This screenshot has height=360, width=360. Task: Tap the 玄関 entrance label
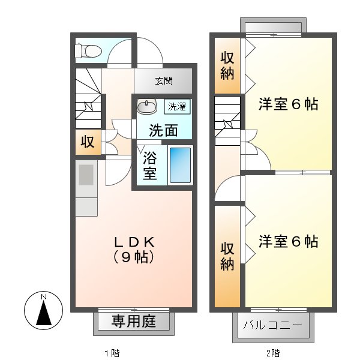[x=163, y=81]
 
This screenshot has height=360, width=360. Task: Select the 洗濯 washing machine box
[x=177, y=107]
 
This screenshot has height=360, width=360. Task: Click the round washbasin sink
[x=146, y=107]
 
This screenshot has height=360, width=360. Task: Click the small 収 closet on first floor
[x=88, y=143]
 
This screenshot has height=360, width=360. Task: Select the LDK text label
[x=135, y=242]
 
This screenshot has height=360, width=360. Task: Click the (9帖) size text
[x=135, y=258]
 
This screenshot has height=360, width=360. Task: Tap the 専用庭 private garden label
[x=134, y=322]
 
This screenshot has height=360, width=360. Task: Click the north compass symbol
[x=43, y=310]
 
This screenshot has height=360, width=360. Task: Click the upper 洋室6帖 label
[x=288, y=104]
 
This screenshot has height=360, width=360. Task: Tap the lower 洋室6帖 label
[x=288, y=242]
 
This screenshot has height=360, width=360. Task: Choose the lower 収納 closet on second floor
[x=227, y=256]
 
